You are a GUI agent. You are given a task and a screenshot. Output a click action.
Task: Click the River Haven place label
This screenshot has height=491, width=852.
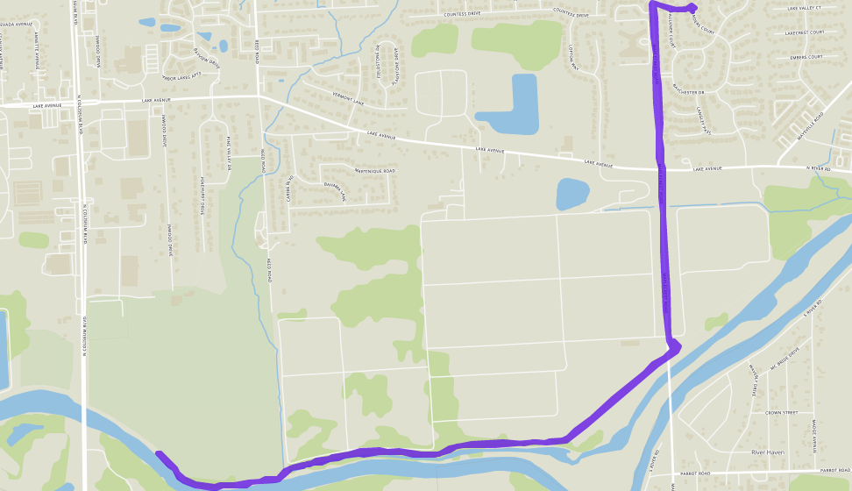pos(769,452)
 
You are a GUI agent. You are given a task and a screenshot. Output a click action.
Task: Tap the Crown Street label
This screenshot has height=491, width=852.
pos(780,412)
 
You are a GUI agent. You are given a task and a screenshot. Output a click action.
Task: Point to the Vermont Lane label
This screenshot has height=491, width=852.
pos(348,99)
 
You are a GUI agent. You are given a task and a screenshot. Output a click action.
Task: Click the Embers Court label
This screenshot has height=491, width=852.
pos(806,57)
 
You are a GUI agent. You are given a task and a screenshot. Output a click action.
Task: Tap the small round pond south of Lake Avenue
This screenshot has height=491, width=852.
pos(572,193)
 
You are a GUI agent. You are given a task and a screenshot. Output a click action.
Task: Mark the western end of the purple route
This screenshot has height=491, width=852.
pos(159,454)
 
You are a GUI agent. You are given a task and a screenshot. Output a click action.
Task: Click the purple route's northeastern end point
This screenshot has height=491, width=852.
pos(692,8)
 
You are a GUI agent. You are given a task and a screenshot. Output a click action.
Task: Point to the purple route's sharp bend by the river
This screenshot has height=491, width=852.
pos(676,346)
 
